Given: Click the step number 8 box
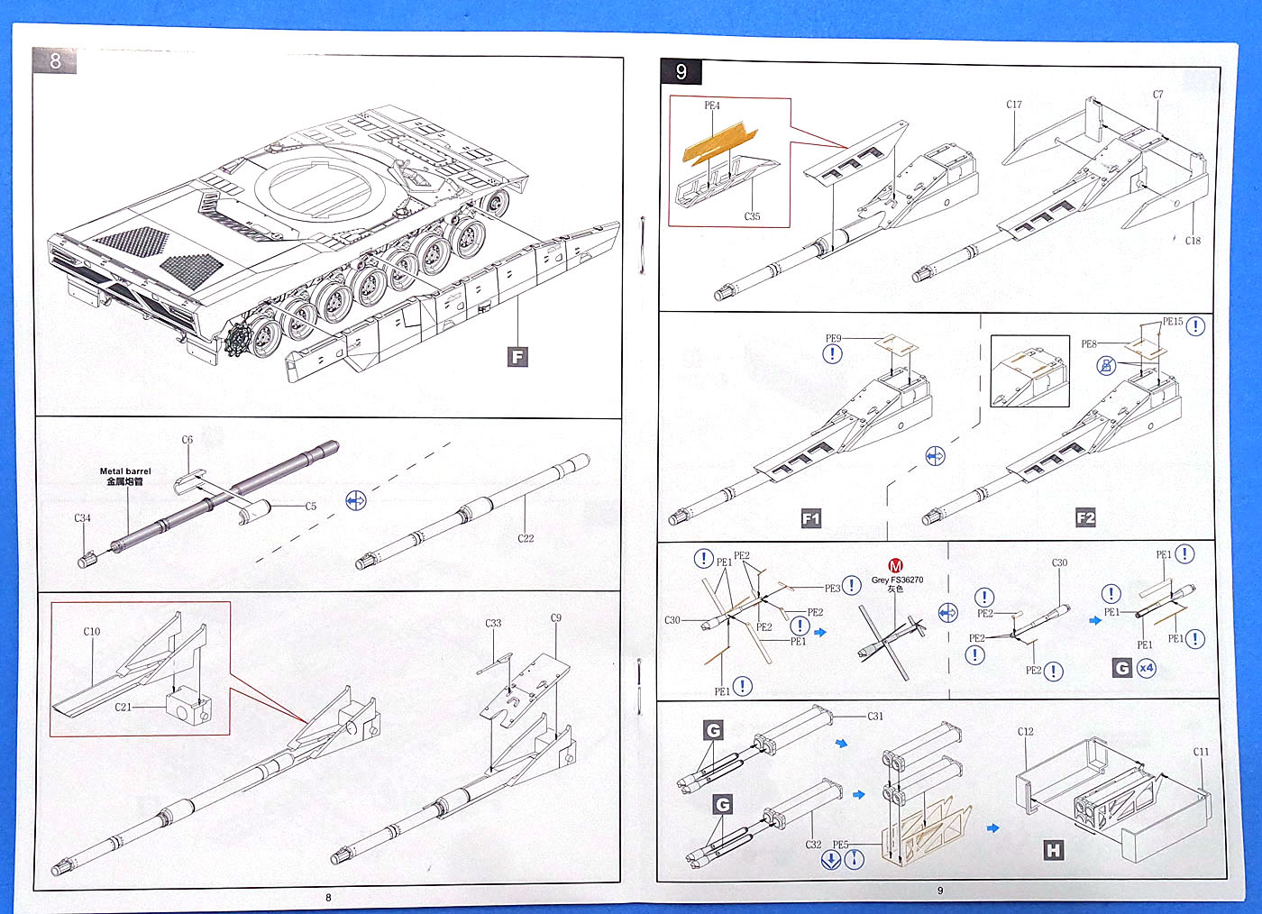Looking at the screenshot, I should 55,60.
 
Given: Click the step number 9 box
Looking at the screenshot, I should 681,72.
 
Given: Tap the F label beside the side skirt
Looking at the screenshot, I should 517,357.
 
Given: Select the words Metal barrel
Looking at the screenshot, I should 125,471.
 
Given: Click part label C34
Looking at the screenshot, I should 82,518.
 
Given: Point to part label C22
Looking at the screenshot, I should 526,538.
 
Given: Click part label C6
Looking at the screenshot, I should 187,440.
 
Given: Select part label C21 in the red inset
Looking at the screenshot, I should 123,707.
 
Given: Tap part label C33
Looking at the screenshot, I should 493,623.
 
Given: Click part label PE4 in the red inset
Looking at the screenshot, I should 712,105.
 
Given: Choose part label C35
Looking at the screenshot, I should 752,216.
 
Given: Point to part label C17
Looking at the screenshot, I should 1014,105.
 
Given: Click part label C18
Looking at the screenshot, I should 1193,241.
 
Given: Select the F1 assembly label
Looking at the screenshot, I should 811,518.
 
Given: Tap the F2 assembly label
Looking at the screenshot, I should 1085,517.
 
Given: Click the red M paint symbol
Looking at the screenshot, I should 895,566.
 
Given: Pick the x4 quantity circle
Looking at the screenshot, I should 1146,668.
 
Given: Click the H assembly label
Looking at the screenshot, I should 1053,849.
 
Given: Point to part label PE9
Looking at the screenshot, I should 833,339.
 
